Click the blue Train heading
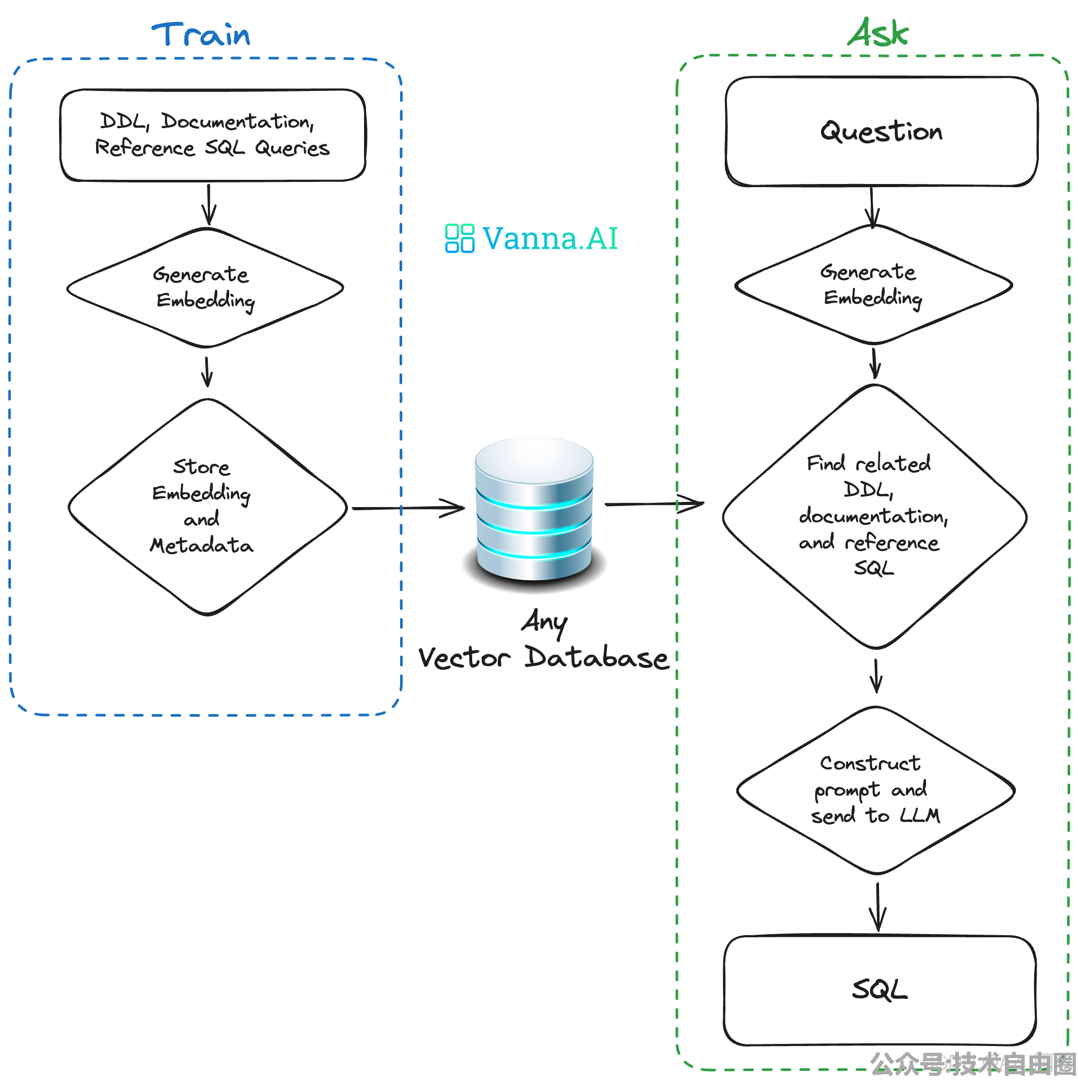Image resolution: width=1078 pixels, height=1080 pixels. point(201,35)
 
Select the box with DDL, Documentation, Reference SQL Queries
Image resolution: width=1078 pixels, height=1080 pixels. point(213,135)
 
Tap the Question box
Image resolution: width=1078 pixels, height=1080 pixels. point(882,131)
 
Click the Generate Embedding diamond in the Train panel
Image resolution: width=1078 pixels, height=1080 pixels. point(205,288)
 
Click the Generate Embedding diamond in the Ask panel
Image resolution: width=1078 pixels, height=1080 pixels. point(873,284)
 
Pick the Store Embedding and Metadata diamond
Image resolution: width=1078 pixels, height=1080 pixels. point(207,507)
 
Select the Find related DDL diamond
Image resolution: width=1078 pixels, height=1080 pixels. point(874,516)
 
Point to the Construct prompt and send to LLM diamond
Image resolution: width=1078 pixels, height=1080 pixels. point(875,790)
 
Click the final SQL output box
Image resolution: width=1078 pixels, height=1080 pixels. point(880,990)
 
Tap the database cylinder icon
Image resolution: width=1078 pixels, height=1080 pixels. point(534,509)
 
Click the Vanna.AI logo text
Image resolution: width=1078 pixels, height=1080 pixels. point(549,239)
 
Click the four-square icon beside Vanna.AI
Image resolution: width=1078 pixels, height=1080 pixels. point(459,239)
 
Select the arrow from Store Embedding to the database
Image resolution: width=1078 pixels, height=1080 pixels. point(408,508)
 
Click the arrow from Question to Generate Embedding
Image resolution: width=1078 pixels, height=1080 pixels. point(871,207)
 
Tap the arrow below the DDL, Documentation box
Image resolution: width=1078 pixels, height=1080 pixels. point(208,204)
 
